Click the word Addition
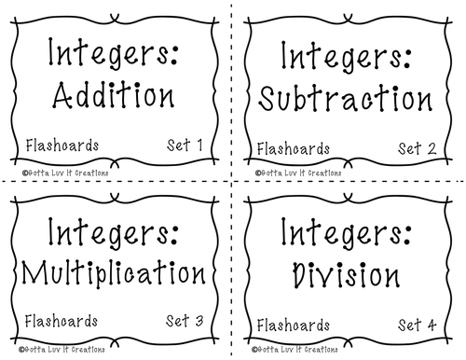click(x=114, y=95)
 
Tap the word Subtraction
click(x=346, y=98)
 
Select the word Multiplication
click(x=114, y=273)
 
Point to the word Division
click(x=346, y=274)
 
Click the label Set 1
click(x=185, y=145)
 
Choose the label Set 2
click(x=418, y=148)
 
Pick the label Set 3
click(x=185, y=321)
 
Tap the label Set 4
click(x=418, y=325)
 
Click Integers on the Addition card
click(x=113, y=53)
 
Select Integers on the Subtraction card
click(x=347, y=57)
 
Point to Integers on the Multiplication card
click(x=113, y=233)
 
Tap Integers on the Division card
click(x=347, y=233)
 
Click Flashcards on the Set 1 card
click(x=62, y=145)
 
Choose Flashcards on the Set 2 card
click(x=294, y=148)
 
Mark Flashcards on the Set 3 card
click(x=62, y=321)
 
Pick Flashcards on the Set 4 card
click(x=294, y=325)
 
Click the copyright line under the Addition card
click(x=65, y=173)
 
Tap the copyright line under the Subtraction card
click(x=298, y=173)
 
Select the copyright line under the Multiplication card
click(x=62, y=350)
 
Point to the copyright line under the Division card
click(x=295, y=350)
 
